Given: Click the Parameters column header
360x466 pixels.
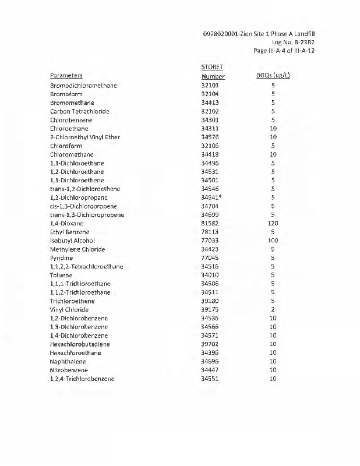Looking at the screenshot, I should [66, 76].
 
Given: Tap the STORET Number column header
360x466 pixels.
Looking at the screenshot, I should [213, 72].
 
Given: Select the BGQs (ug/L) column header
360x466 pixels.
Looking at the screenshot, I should [273, 76].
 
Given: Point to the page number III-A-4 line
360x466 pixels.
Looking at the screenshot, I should [284, 51].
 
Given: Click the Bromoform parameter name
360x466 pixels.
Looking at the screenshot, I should [66, 94].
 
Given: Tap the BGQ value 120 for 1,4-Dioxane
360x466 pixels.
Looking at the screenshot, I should [273, 223].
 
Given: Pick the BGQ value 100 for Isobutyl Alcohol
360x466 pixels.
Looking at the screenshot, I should [273, 241].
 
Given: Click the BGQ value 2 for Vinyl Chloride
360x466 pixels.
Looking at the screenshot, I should [273, 309].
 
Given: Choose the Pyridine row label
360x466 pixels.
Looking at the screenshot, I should [62, 257].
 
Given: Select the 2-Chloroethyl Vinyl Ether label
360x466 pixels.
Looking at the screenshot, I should [85, 137].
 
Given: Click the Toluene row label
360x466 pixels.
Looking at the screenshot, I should [61, 275].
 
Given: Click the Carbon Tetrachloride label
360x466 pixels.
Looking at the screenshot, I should [80, 111].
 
